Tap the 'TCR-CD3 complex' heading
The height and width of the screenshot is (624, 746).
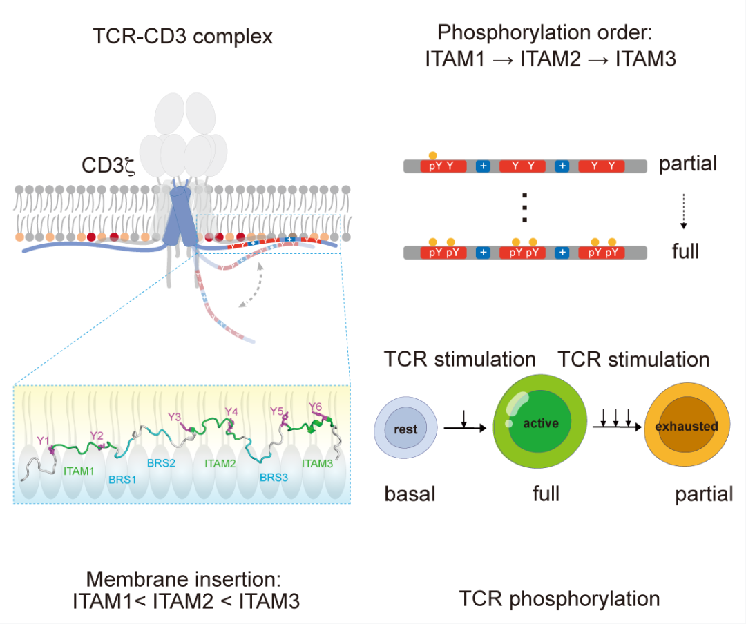[x=182, y=36]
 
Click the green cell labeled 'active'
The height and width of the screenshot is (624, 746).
[x=539, y=422]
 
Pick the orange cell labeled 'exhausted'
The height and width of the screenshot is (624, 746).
[x=686, y=426]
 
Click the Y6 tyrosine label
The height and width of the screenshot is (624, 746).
[x=315, y=407]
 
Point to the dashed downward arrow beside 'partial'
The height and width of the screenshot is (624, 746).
[x=683, y=210]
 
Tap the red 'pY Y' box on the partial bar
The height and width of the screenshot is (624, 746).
[x=443, y=166]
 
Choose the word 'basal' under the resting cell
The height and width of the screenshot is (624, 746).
[x=410, y=494]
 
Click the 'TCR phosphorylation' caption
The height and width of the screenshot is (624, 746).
[x=559, y=598]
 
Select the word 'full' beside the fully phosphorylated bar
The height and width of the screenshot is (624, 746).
[x=685, y=251]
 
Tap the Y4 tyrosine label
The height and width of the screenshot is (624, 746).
[x=231, y=412]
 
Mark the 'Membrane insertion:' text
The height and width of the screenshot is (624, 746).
[x=186, y=578]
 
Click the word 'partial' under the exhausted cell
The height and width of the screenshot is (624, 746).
[x=704, y=494]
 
